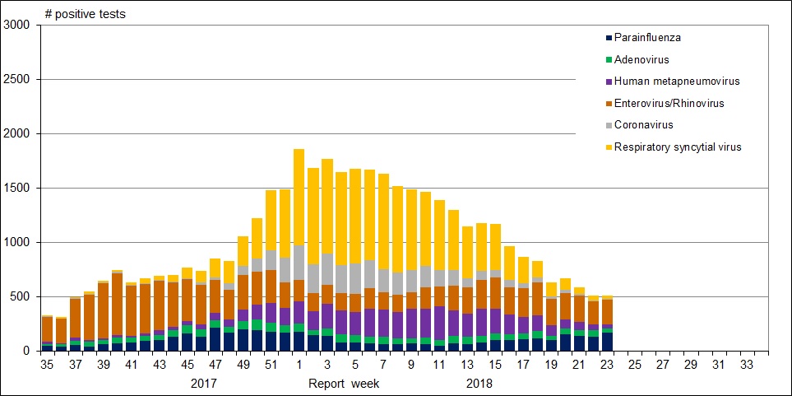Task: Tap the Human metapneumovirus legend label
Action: coord(671,82)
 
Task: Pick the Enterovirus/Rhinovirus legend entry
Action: coord(669,103)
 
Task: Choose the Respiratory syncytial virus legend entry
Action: coord(678,147)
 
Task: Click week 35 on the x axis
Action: coord(48,363)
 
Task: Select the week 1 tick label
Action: coord(299,363)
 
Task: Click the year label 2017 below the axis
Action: coord(204,384)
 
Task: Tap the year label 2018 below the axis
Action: coord(479,384)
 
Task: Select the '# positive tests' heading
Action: coord(86,14)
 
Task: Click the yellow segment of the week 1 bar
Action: coord(299,198)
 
